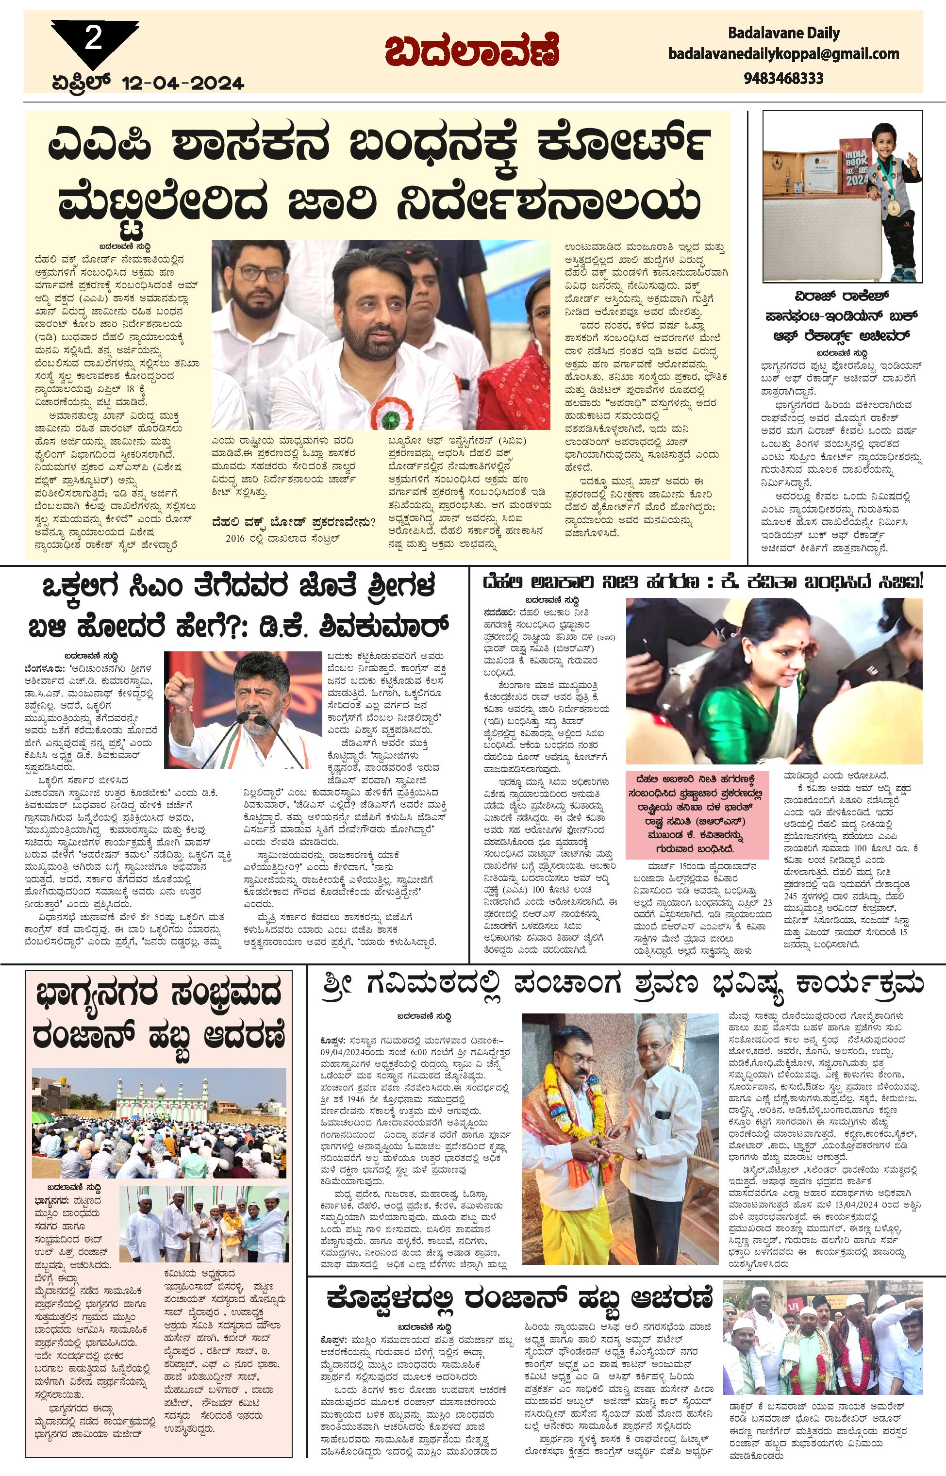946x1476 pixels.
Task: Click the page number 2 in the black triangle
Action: pos(93,40)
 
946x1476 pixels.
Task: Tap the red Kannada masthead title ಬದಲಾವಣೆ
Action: pos(472,53)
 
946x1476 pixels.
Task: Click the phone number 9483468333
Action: pos(783,78)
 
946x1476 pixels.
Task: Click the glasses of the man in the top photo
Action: pos(261,273)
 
